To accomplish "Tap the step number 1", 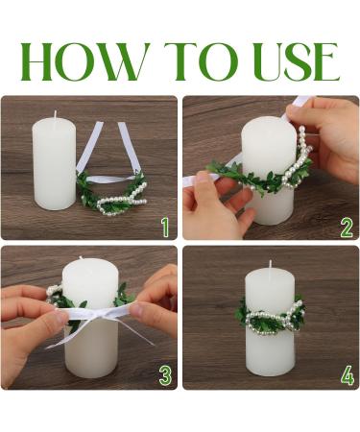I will pos(164,227).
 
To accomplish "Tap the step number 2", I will pos(347,227).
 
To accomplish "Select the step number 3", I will pos(164,374).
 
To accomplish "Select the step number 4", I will pos(347,374).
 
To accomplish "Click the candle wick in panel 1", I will pos(54,114).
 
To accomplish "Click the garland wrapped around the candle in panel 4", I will pos(270,315).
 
